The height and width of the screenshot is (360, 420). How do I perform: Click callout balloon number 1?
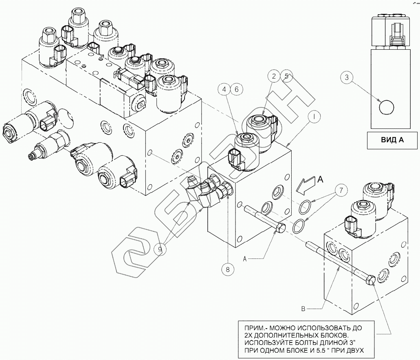click(314, 117)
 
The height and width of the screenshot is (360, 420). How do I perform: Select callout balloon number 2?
click(275, 76)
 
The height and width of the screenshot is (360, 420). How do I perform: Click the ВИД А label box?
click(392, 140)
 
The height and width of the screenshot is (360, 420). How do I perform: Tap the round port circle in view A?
click(387, 108)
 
